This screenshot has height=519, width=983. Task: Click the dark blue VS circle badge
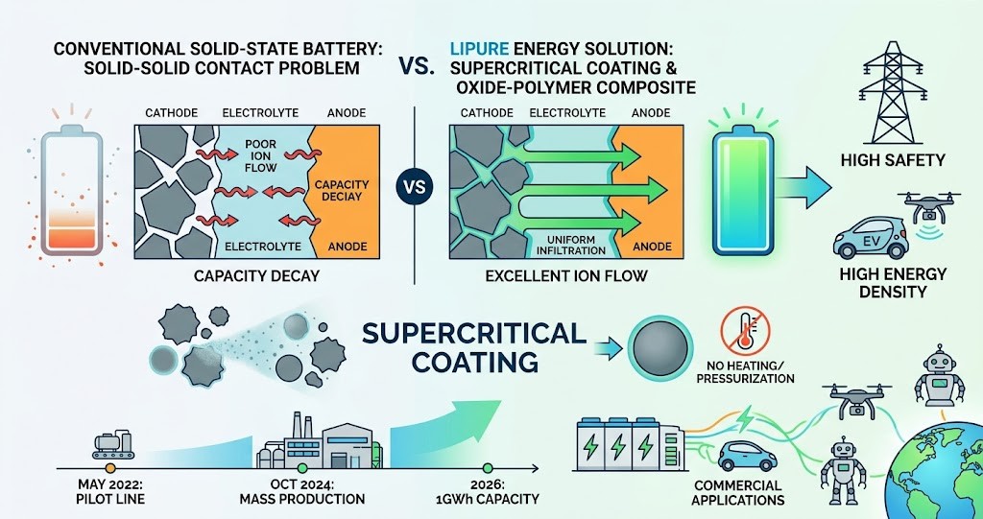(415, 187)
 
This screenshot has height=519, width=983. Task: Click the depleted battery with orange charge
(71, 189)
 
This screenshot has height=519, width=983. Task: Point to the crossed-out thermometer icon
(744, 332)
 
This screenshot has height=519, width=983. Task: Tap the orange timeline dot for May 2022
(110, 468)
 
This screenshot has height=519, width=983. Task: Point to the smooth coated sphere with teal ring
(659, 348)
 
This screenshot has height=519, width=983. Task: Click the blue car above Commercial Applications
(747, 456)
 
